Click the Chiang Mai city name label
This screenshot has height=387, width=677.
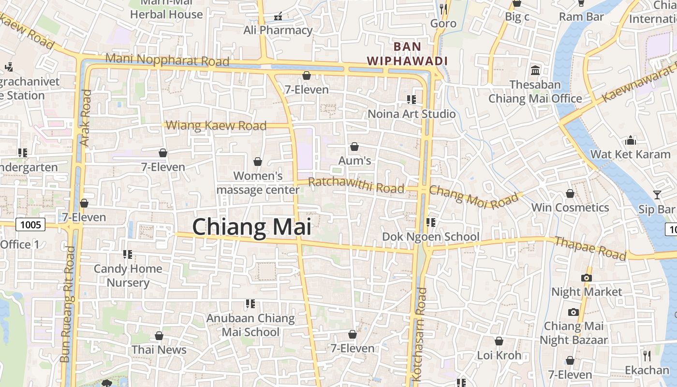pos(251,227)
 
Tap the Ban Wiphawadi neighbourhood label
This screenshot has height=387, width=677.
pos(407,54)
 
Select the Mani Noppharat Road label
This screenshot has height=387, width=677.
pos(167,60)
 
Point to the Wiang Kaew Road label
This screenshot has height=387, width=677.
pos(216,126)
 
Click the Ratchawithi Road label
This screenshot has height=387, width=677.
pos(356,185)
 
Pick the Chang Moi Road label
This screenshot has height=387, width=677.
pos(474,196)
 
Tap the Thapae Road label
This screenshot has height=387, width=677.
pos(590,248)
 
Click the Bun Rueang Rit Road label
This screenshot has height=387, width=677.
pos(68,305)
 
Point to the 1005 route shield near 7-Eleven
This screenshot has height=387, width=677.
pos(30,224)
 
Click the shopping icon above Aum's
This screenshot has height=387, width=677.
pos(354,146)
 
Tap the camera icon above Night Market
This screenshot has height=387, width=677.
pos(587,278)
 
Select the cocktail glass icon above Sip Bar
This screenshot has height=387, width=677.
pos(657,194)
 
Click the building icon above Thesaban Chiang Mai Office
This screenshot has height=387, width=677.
pos(535,71)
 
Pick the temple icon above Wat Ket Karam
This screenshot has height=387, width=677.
pos(631,140)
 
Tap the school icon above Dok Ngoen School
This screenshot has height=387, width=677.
pos(430,222)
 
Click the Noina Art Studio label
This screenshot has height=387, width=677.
pos(412,114)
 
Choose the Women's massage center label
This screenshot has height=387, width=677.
pos(258,183)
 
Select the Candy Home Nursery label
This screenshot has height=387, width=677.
pos(128,275)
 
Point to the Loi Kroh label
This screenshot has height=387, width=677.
pos(499,356)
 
